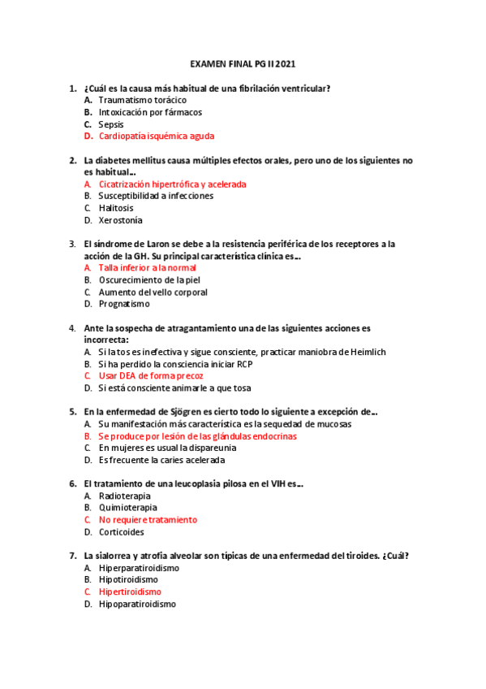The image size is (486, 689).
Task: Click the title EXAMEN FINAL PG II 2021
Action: [x=243, y=63]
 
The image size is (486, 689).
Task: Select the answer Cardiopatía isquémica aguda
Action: [x=156, y=136]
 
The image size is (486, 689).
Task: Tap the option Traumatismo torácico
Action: [x=136, y=100]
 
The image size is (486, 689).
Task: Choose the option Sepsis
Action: [x=111, y=124]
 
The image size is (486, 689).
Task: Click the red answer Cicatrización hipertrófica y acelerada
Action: [x=172, y=184]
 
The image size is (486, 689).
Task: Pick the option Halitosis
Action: [x=118, y=208]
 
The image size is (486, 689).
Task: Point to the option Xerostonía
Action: [x=120, y=220]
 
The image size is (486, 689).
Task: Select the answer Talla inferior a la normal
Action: [x=147, y=268]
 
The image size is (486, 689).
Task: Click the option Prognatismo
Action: [x=124, y=304]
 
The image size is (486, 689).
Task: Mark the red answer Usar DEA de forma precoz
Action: [x=151, y=376]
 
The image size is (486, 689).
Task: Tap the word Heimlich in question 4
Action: [x=368, y=352]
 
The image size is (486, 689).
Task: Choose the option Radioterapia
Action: [x=124, y=496]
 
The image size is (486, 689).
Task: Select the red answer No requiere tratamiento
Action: [x=148, y=520]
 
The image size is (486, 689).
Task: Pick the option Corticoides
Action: [x=121, y=532]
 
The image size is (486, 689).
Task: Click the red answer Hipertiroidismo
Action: [x=130, y=592]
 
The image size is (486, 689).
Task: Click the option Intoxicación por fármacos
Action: [x=150, y=112]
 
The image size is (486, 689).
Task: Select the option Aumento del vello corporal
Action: [x=153, y=292]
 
